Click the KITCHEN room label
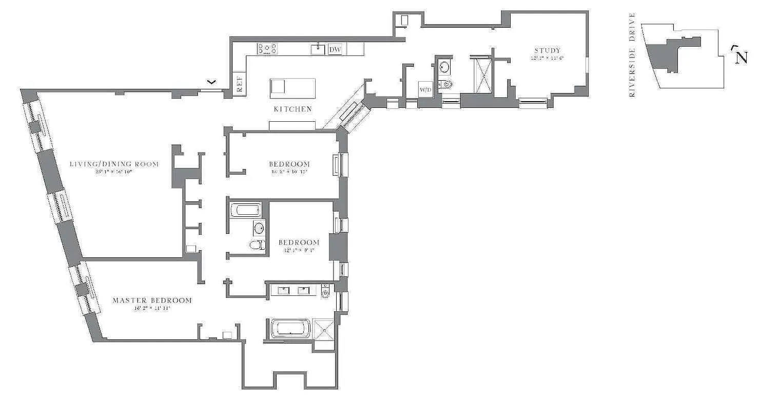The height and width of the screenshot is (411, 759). [x=292, y=109]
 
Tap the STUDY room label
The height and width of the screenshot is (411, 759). [x=548, y=50]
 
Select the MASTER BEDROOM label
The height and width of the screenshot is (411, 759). [x=152, y=301]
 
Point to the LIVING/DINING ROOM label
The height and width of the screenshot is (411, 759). [x=114, y=164]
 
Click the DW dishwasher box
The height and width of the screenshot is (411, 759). [x=335, y=49]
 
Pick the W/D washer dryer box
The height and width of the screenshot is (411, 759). [x=426, y=89]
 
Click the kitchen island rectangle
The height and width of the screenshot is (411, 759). [x=293, y=88]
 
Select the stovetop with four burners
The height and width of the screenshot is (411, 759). [x=267, y=48]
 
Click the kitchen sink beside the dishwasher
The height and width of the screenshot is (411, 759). [x=318, y=49]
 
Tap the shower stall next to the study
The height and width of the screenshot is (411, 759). [x=482, y=76]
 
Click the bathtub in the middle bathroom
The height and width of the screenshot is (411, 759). [x=246, y=210]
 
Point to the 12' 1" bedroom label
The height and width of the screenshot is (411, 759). [x=299, y=242]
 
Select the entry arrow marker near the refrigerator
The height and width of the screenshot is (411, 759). [x=211, y=82]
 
